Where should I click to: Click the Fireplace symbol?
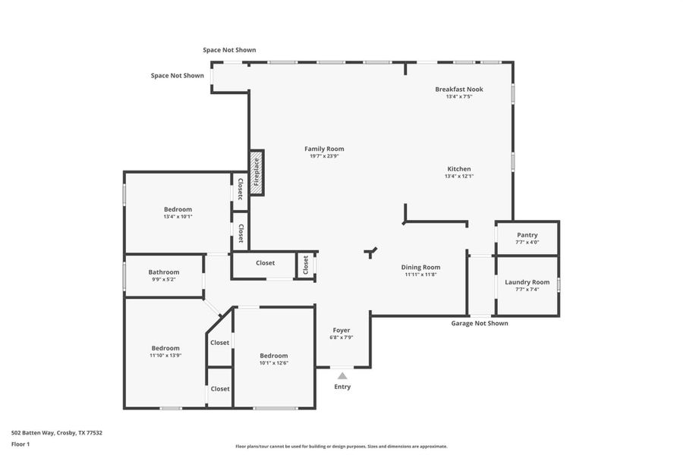click(x=257, y=172)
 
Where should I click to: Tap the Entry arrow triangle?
click(x=342, y=375)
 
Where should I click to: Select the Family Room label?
click(x=324, y=149)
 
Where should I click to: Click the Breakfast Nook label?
click(x=458, y=89)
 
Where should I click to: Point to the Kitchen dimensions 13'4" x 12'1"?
click(x=458, y=176)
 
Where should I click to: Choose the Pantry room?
click(x=527, y=238)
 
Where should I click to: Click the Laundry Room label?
click(x=527, y=282)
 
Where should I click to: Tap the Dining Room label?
click(x=420, y=267)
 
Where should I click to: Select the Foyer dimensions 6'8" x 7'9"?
click(x=341, y=337)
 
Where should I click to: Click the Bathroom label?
click(x=163, y=272)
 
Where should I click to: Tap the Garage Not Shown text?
click(x=480, y=323)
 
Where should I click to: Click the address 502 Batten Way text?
click(x=57, y=432)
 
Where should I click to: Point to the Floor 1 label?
click(x=20, y=444)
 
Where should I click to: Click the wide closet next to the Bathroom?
click(x=265, y=263)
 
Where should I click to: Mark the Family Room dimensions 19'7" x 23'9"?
click(x=324, y=156)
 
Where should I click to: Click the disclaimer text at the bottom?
click(x=341, y=446)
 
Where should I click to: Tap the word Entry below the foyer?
click(x=342, y=387)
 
